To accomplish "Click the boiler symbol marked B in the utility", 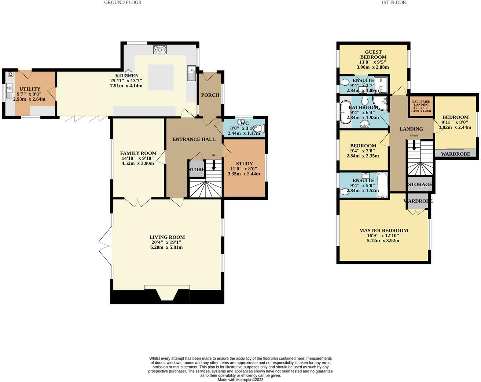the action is [x=11, y=74].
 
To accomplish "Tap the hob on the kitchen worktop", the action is [x=160, y=50].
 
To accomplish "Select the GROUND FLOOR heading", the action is [x=123, y=3].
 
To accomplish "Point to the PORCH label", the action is [x=210, y=95].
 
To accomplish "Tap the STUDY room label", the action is [x=244, y=164].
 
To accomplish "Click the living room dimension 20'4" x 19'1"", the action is [x=166, y=242].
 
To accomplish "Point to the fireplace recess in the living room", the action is [x=167, y=294].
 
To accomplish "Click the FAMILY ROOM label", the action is [x=138, y=154].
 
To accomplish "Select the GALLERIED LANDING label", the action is [x=421, y=103].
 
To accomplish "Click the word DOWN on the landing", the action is [x=414, y=136].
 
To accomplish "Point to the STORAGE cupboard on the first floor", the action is [x=420, y=184].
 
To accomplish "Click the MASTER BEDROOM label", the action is [x=383, y=230].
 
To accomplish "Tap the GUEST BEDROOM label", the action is [x=373, y=54].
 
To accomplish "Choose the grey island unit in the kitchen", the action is [x=161, y=77].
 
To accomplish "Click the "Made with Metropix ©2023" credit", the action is [x=240, y=380].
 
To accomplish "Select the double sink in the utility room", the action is [x=10, y=90].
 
